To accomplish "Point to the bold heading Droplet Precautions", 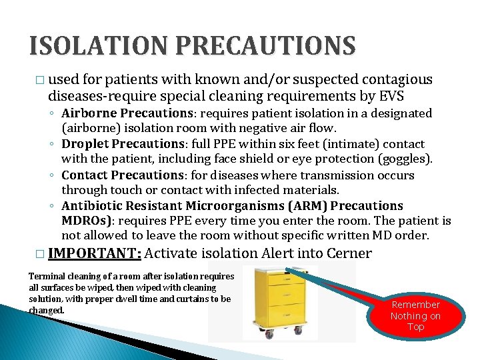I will click(114, 144).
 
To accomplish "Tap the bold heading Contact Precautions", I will click(114, 175).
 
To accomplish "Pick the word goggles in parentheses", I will click(405, 159).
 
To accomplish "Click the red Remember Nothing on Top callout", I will click(415, 315).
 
